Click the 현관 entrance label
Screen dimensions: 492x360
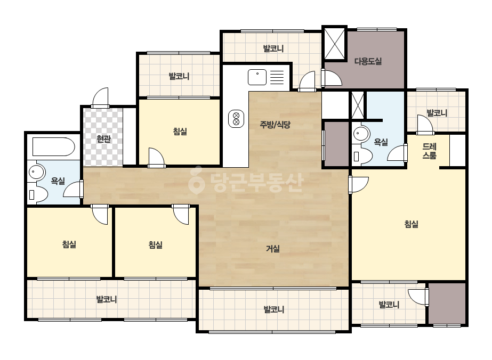pyautogui.click(x=103, y=138)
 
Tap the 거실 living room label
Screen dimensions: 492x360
pyautogui.click(x=273, y=249)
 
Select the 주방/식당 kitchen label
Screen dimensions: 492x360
pyautogui.click(x=275, y=125)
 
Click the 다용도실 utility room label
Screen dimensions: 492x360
pyautogui.click(x=368, y=61)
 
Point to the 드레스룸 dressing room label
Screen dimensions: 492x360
pyautogui.click(x=429, y=151)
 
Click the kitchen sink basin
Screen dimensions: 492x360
pyautogui.click(x=257, y=77)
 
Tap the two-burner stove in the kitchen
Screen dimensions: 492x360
pyautogui.click(x=236, y=119)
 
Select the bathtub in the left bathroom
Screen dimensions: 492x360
pyautogui.click(x=53, y=146)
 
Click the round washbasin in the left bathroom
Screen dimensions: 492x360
pyautogui.click(x=36, y=172)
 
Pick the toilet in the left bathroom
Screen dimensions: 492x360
pyautogui.click(x=38, y=194)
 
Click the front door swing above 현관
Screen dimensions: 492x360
pyautogui.click(x=100, y=97)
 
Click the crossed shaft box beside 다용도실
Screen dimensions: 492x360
pyautogui.click(x=334, y=44)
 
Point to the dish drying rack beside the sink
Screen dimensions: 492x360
pyautogui.click(x=277, y=77)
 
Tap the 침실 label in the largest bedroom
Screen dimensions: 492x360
pyautogui.click(x=411, y=224)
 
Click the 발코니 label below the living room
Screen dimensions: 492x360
pyautogui.click(x=273, y=309)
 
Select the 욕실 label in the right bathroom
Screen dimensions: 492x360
pyautogui.click(x=381, y=142)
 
